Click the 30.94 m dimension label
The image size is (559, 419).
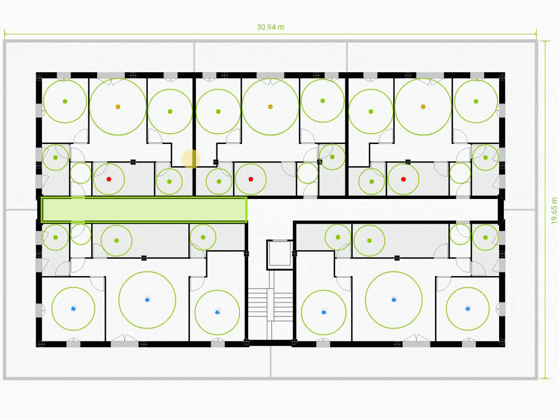tap(270, 28)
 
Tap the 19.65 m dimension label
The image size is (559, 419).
tap(554, 210)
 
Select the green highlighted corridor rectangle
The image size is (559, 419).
tap(144, 210)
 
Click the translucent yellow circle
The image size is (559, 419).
tap(190, 159)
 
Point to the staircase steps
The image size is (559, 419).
tap(270, 304)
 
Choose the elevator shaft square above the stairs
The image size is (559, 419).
tap(279, 254)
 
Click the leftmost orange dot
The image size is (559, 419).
tap(118, 107)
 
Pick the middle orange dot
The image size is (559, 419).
tap(270, 107)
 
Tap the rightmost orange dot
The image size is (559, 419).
tap(423, 107)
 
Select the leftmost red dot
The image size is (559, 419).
tap(109, 179)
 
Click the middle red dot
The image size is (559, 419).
tap(251, 179)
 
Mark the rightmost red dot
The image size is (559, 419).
tap(404, 179)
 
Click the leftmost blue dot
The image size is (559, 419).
tap(73, 308)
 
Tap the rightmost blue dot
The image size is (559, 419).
tap(468, 308)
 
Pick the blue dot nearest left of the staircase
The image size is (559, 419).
tap(217, 312)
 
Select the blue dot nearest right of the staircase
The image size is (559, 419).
tap(324, 312)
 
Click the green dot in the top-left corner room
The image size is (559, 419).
tap(65, 101)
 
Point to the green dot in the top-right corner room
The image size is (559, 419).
tap(476, 101)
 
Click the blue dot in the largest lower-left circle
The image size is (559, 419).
tap(147, 299)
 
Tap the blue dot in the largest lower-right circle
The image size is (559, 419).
tap(393, 299)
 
